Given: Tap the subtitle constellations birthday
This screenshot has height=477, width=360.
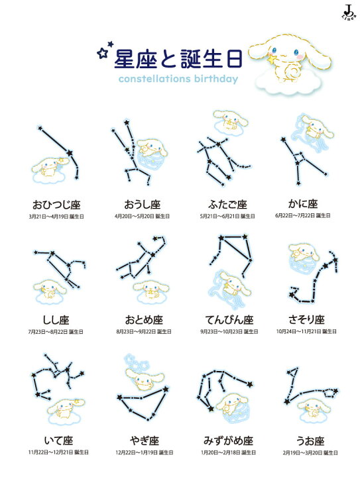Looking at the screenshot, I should click(x=178, y=80).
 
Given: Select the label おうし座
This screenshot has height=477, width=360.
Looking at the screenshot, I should click(x=142, y=204).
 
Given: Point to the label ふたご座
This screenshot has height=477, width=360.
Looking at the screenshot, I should click(x=227, y=204).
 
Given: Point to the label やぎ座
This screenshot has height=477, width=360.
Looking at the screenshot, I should click(x=142, y=440).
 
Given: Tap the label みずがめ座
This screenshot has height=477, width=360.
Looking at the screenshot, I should click(x=227, y=440).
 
